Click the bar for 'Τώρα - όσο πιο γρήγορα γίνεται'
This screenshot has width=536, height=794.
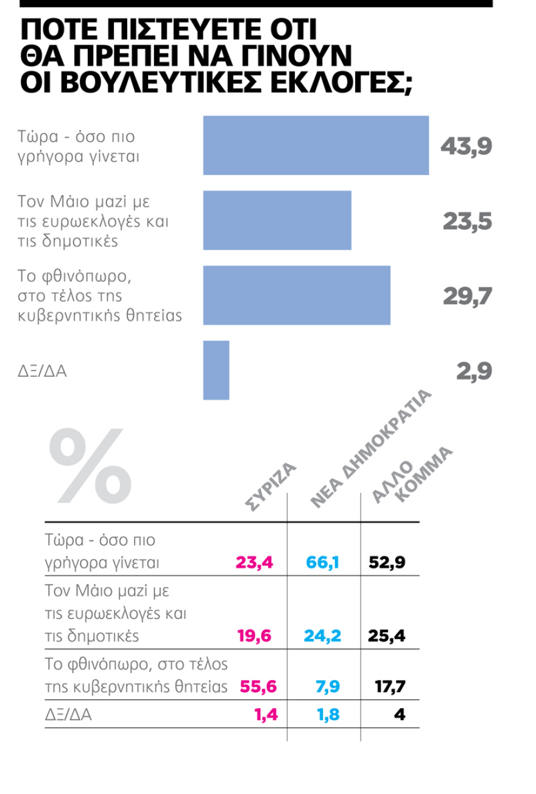(316, 145)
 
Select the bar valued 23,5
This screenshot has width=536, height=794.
(277, 220)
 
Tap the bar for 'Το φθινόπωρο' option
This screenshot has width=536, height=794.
(297, 295)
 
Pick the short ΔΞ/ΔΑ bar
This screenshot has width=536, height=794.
(216, 370)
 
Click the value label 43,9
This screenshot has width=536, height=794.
(466, 146)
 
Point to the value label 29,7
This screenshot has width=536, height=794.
(467, 296)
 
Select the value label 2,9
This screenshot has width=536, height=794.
(474, 371)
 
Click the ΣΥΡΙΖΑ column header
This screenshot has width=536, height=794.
(270, 485)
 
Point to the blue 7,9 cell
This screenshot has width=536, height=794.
(329, 686)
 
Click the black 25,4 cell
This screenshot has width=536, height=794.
(387, 636)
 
